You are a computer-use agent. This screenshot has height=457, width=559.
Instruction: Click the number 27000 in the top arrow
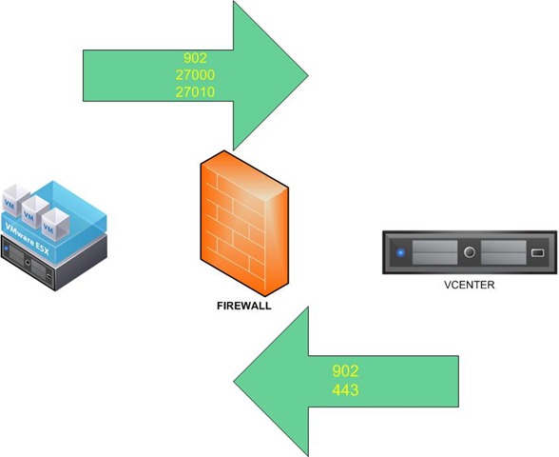click(195, 75)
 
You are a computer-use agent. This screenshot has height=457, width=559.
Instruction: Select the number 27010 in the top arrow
click(195, 92)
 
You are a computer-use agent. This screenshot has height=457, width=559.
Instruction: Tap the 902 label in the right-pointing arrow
click(195, 58)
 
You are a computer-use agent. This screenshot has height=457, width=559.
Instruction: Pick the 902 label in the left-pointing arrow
click(345, 371)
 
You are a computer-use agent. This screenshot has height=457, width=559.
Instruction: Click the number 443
click(345, 389)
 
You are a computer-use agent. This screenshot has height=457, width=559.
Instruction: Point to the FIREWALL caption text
click(243, 306)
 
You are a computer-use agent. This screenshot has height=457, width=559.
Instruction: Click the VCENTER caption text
click(470, 285)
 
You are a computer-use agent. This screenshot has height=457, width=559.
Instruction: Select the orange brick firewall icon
click(244, 224)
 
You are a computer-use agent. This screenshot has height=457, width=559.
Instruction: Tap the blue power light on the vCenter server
click(401, 253)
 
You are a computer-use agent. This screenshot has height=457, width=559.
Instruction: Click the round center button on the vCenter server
click(470, 252)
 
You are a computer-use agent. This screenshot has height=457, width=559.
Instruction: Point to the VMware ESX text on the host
click(27, 238)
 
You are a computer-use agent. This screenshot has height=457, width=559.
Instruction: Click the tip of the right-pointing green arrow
click(308, 75)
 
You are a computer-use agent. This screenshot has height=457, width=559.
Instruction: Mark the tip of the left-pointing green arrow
click(234, 381)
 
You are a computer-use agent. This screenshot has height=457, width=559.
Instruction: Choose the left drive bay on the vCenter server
click(434, 252)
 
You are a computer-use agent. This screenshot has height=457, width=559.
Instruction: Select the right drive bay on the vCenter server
click(504, 252)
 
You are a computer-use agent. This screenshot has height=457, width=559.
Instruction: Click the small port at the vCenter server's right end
click(538, 253)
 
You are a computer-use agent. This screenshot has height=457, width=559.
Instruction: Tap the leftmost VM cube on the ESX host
click(15, 200)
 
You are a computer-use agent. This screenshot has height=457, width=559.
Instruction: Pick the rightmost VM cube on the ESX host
click(55, 225)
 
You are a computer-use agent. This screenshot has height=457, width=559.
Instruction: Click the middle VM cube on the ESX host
click(35, 212)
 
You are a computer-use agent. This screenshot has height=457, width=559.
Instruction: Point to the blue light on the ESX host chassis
click(6, 248)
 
